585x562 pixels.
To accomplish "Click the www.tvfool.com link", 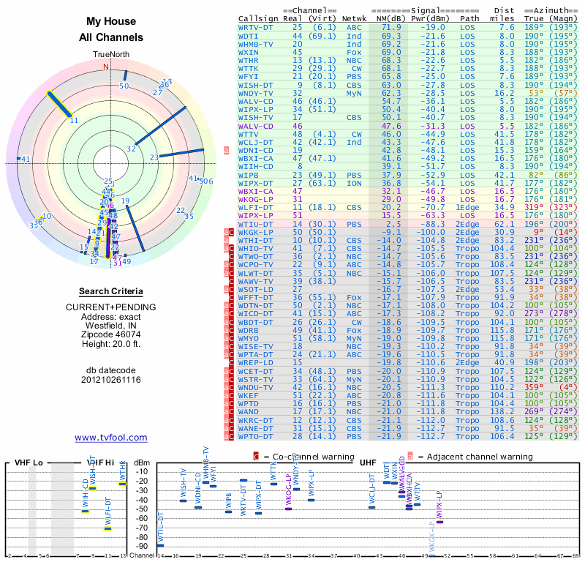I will (x=111, y=438).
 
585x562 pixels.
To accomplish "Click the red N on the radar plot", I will (x=106, y=67).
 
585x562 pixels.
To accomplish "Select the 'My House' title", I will (x=111, y=22).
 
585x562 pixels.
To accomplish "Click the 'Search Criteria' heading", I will (x=111, y=291).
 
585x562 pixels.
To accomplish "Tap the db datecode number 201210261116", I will (x=111, y=380).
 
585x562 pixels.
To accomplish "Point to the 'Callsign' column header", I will (x=258, y=18).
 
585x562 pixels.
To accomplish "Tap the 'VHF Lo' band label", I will (x=28, y=463).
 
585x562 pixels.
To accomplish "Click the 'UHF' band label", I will (x=368, y=463).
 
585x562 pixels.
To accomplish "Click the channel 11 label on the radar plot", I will (x=74, y=120).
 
